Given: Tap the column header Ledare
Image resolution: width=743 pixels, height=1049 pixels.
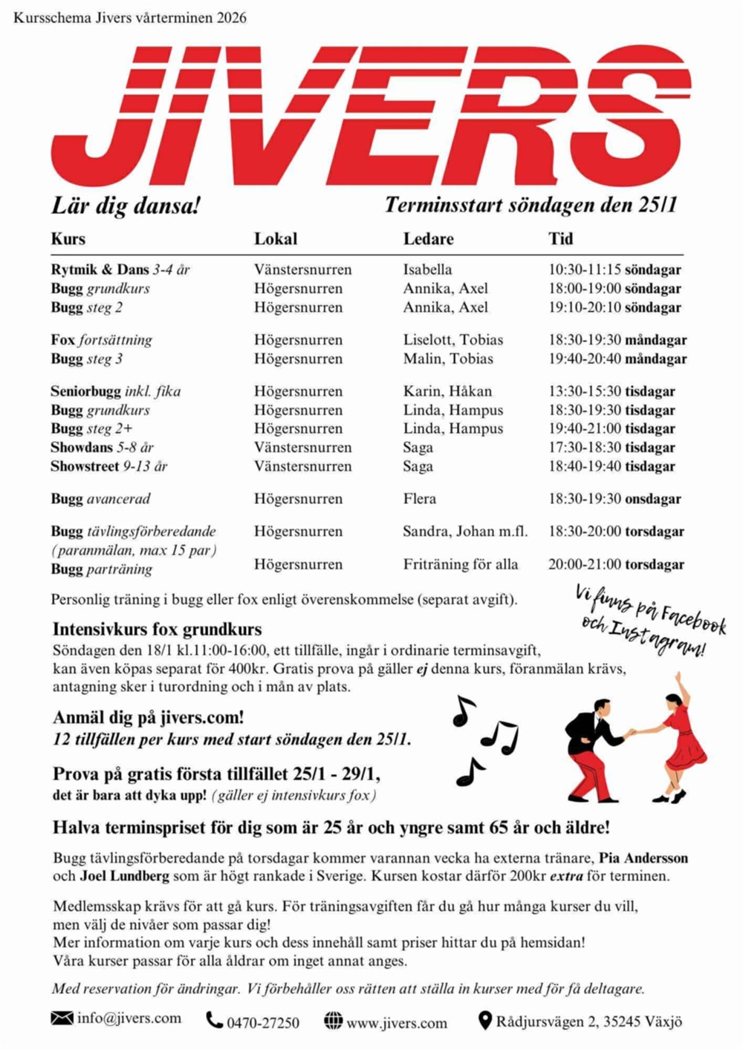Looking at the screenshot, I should coord(428,239).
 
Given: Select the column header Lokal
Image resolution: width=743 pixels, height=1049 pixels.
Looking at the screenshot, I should coord(276,239).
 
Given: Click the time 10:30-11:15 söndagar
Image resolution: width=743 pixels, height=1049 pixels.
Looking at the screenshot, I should coord(614,269).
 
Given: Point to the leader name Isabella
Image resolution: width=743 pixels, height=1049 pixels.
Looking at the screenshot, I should coord(427,269).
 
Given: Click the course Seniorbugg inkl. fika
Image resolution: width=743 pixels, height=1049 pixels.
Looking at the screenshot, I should coord(115,391).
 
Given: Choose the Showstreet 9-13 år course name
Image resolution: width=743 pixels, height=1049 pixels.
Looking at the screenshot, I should coord(108,466).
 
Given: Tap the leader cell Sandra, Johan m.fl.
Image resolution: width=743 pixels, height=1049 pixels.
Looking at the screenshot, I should coord(465,532).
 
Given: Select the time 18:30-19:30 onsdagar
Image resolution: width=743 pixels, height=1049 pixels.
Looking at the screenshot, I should coord(614,499).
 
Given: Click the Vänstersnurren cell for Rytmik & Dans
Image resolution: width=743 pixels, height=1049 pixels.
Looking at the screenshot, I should coord(302,269).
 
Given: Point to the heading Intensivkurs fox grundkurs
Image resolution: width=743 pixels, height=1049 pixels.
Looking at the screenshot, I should coord(157,630).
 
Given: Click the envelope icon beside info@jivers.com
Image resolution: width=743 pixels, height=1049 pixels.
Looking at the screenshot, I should coord(62,1018).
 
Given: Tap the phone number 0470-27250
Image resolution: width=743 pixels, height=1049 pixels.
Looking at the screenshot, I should coord(263,1023).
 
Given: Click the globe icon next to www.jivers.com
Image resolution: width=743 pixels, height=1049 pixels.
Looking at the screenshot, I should coord(334,1021).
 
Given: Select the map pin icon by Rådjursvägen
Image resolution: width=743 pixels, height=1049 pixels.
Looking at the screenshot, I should coord(484,1021).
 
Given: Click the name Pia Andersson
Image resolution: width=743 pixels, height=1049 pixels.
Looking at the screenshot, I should coord(643,858).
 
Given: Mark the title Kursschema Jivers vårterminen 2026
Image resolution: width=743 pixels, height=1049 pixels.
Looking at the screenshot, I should coord(130,17).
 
